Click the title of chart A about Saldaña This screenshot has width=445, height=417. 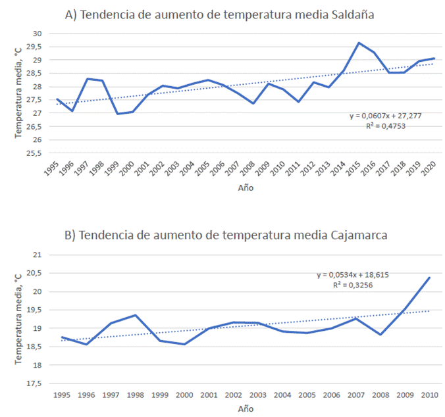221,14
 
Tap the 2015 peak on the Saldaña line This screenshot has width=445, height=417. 359,43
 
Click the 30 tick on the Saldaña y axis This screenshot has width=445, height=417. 37,33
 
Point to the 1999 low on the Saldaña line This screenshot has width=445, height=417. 118,114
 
